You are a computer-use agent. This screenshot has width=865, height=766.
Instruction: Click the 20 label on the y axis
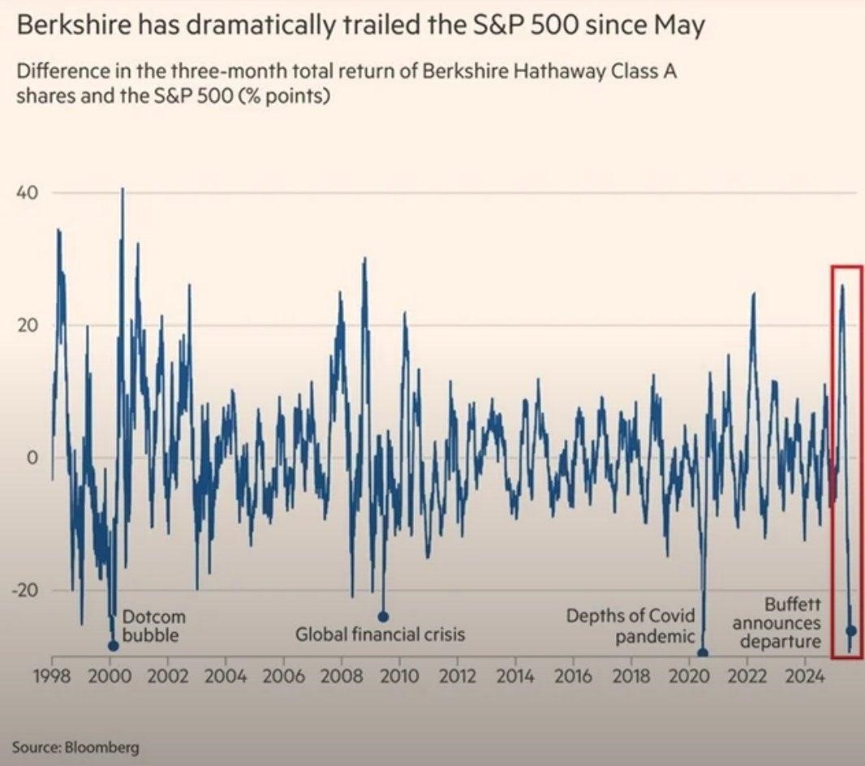tap(29, 325)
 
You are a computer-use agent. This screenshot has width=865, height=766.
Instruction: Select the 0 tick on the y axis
tap(33, 457)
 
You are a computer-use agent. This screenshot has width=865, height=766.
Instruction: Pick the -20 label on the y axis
tap(26, 590)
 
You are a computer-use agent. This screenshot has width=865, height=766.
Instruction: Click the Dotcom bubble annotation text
tap(147, 626)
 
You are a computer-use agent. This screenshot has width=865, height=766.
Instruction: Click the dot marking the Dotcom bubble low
tap(113, 646)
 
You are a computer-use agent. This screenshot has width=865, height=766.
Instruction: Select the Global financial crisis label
tap(380, 634)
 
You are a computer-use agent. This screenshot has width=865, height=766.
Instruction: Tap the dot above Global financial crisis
tap(384, 617)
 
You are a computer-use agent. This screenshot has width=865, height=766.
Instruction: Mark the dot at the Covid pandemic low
tap(703, 653)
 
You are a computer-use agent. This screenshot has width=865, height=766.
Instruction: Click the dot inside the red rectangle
tap(851, 630)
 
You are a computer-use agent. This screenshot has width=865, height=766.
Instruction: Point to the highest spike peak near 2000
tap(123, 189)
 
